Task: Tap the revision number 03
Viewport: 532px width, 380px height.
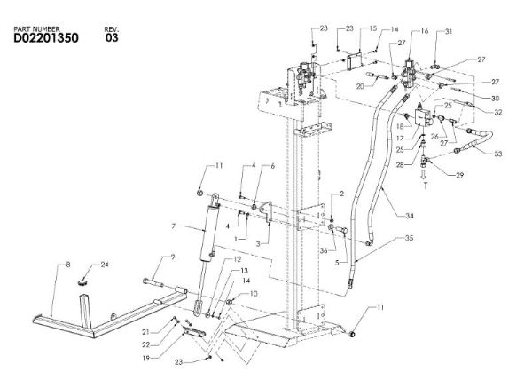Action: [x=112, y=38]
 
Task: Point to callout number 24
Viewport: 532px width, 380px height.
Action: [x=105, y=265]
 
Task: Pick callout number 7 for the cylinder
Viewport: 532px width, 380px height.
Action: [x=175, y=227]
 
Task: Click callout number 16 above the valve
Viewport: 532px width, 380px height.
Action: [x=425, y=31]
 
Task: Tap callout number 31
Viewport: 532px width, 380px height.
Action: [x=449, y=32]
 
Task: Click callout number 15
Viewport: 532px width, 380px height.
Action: [x=348, y=28]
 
